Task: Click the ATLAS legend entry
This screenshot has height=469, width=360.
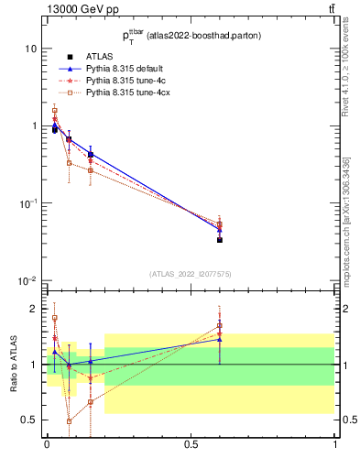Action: tap(98, 57)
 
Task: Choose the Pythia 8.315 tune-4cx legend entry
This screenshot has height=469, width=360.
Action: tap(124, 93)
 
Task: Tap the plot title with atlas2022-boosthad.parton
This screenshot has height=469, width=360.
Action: tap(191, 36)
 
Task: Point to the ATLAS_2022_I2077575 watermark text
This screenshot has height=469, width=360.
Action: tap(191, 273)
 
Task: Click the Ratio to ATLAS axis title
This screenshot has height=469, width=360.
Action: tap(14, 365)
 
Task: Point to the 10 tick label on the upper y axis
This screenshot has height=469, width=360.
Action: tap(31, 48)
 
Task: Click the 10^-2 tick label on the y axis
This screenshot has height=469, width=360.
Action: tap(27, 280)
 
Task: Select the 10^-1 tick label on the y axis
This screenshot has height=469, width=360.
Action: tap(27, 202)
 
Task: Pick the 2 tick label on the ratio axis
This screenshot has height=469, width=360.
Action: tap(35, 309)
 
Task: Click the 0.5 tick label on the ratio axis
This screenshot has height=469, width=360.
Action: tap(31, 420)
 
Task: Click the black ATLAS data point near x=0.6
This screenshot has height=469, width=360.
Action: tap(220, 239)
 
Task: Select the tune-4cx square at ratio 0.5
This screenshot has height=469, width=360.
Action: tap(69, 421)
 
